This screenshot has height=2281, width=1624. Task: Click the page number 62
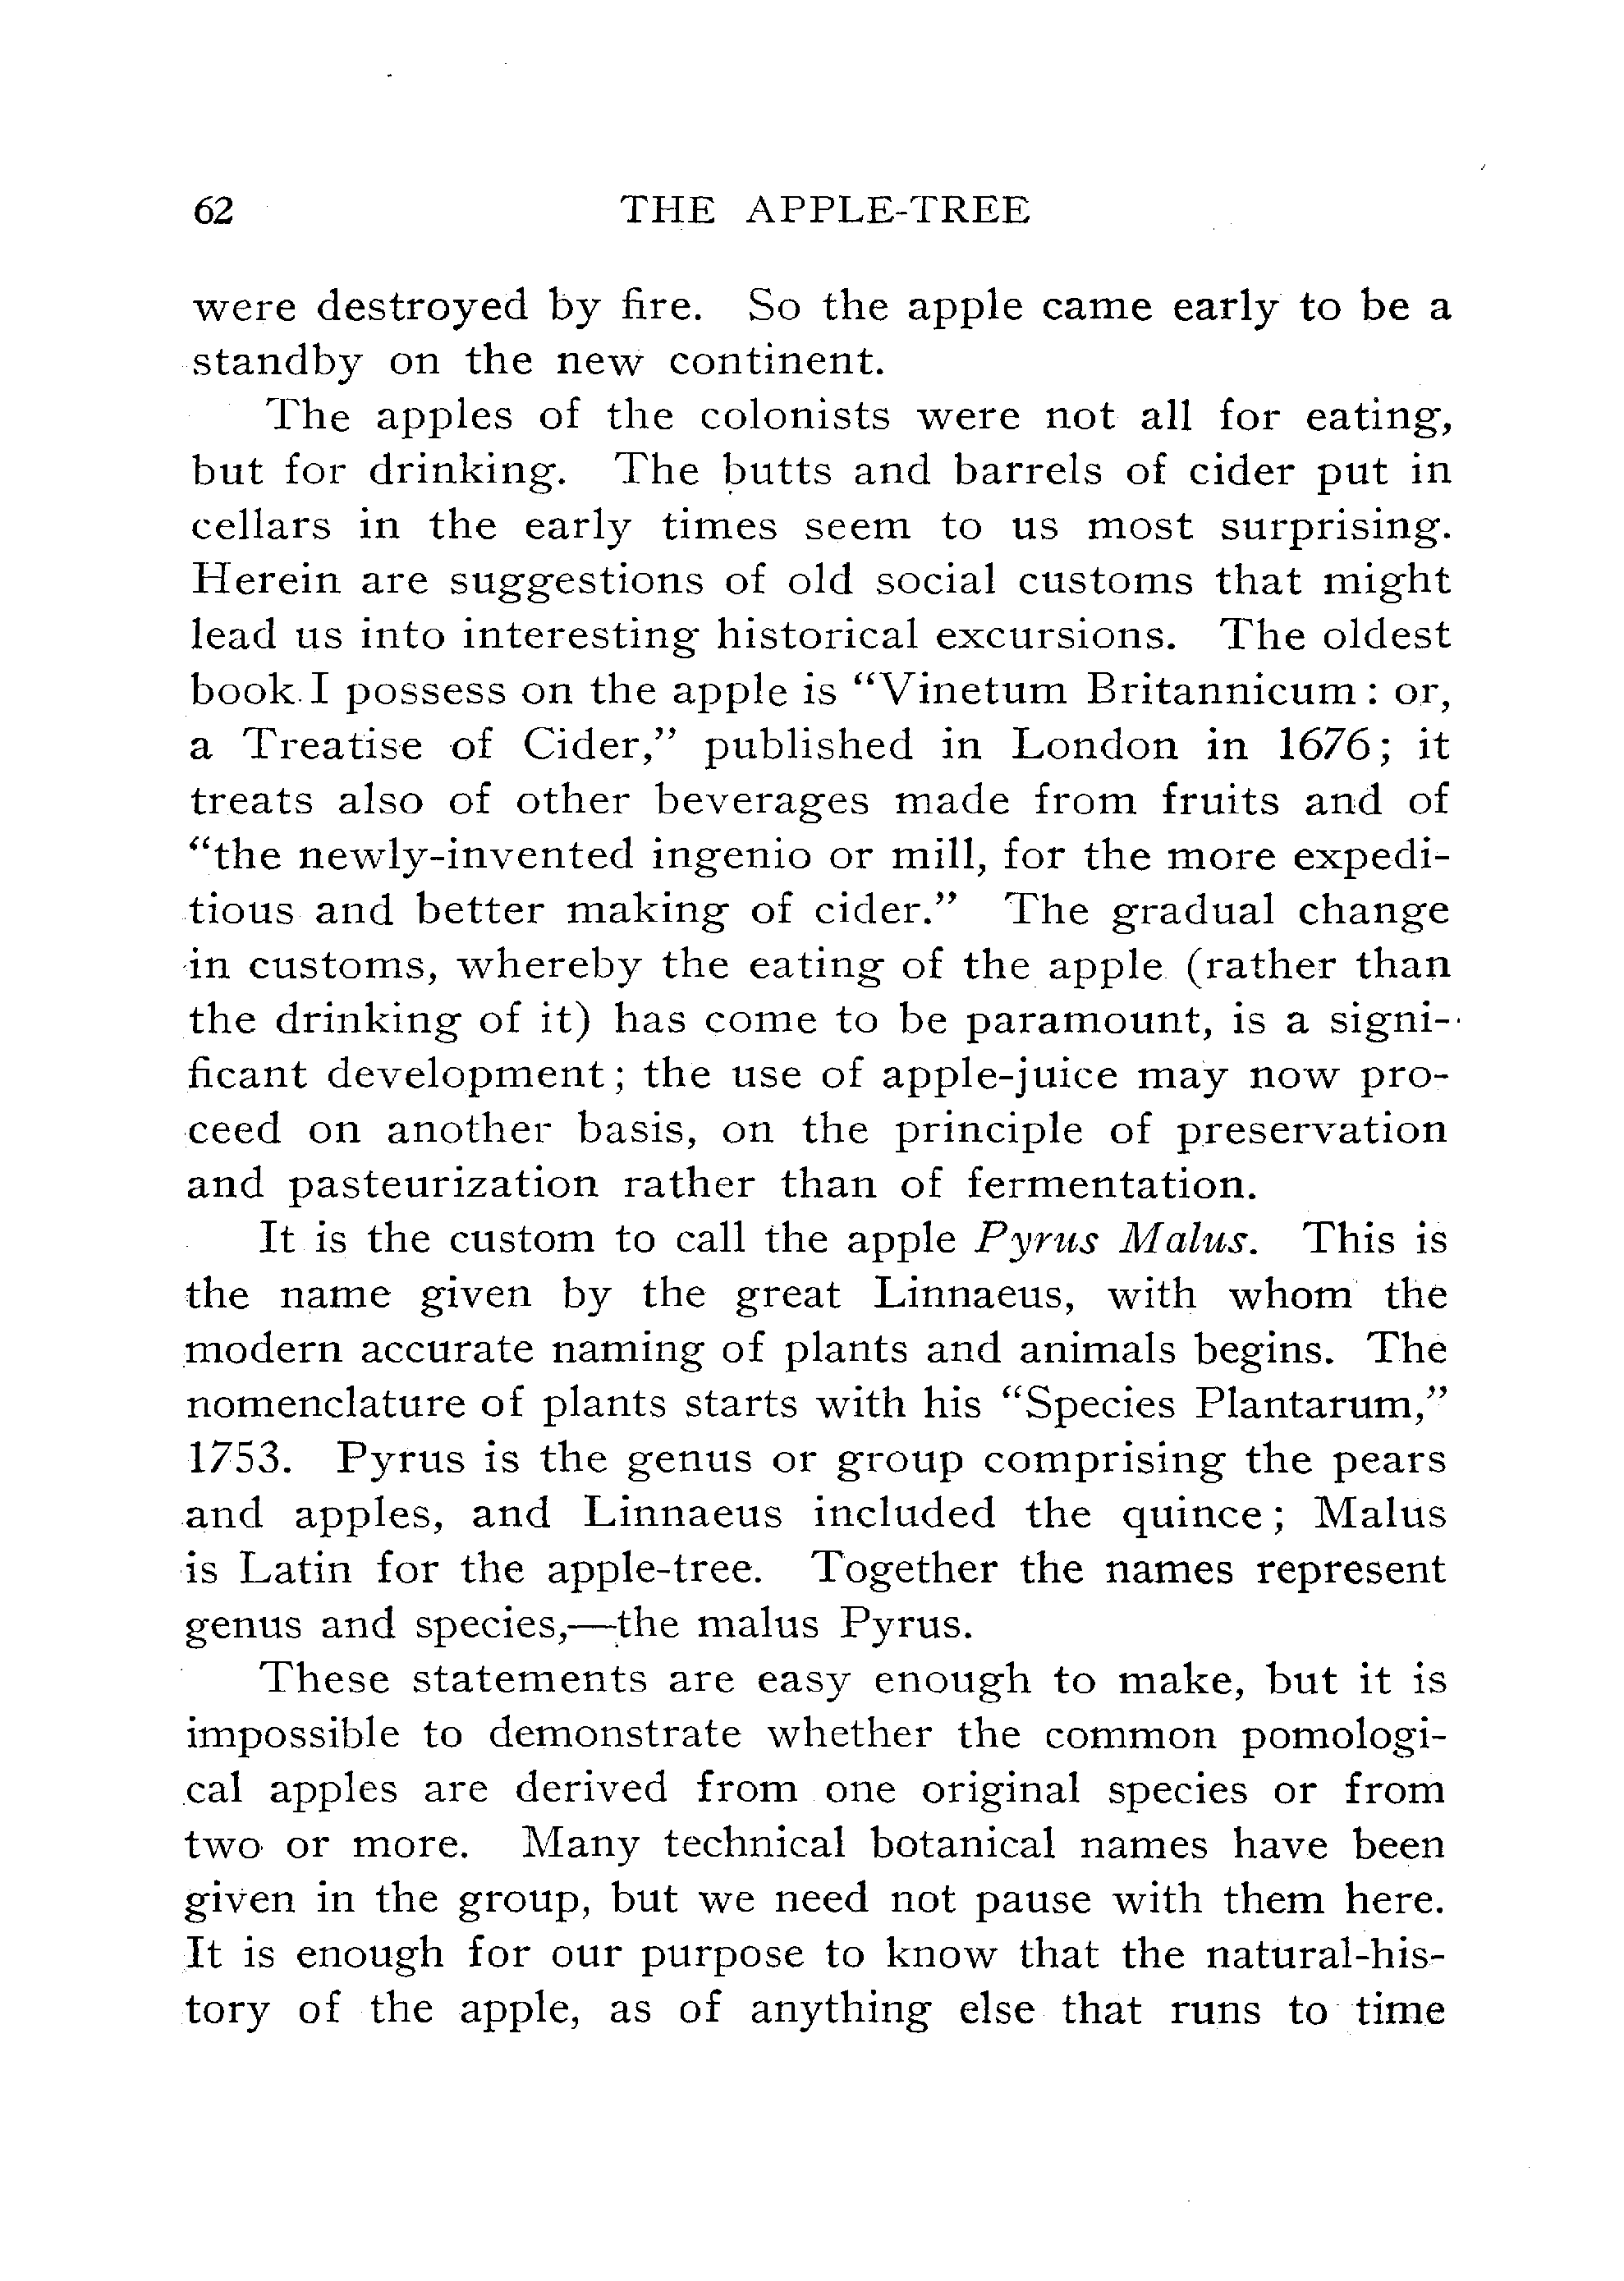[x=213, y=211]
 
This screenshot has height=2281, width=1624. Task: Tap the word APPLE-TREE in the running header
[x=888, y=211]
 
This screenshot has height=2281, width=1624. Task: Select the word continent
[x=777, y=362]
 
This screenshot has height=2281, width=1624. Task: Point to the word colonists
[x=794, y=416]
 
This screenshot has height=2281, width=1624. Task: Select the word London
[x=1095, y=745]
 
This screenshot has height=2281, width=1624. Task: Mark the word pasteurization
[x=444, y=1185]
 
